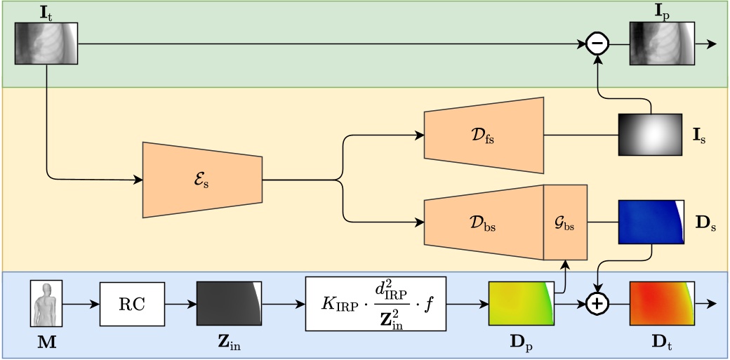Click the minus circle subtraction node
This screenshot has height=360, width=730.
[x=597, y=44]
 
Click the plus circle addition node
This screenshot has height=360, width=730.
[x=597, y=303]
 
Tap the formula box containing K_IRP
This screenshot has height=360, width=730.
[x=376, y=304]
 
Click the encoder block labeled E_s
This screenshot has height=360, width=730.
[x=201, y=180]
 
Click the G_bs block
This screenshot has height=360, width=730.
[x=565, y=222]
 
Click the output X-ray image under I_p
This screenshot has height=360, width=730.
[x=661, y=44]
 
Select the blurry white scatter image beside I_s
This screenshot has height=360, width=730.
[x=650, y=135]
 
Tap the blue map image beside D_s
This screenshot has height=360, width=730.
[x=650, y=222]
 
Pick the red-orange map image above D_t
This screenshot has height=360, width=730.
[x=662, y=304]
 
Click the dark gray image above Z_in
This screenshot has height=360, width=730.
[x=229, y=304]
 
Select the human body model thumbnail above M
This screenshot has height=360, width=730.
[x=46, y=304]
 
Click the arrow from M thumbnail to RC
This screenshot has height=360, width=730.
[x=80, y=304]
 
